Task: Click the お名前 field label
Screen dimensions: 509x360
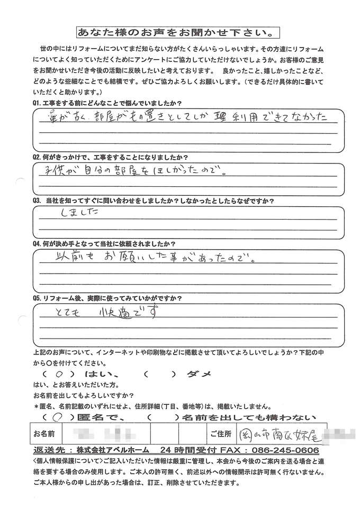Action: tap(45, 435)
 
